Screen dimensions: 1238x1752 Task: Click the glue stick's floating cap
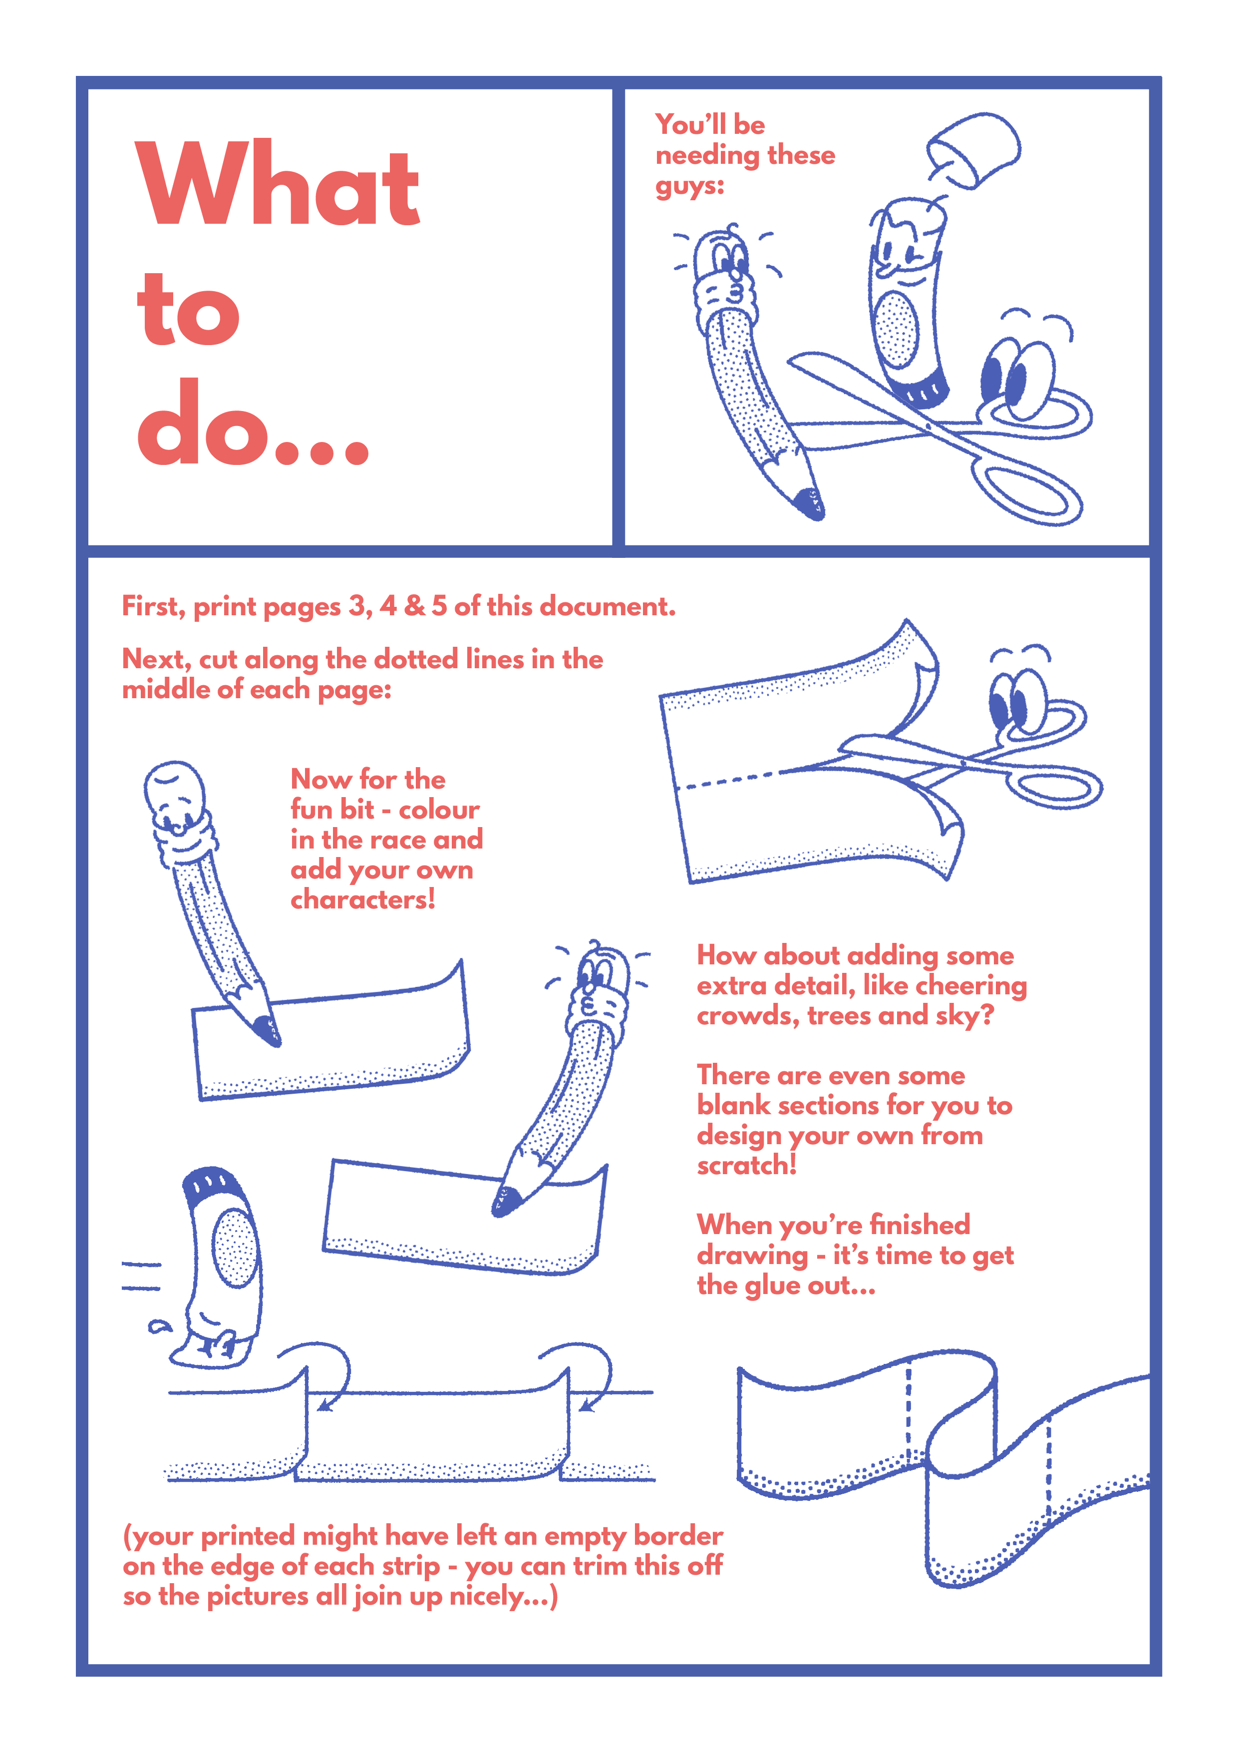coord(974,149)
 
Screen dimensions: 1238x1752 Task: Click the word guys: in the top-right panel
coord(689,187)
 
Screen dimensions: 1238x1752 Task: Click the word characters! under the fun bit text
coord(363,899)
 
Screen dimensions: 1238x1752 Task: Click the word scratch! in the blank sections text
coord(747,1165)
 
